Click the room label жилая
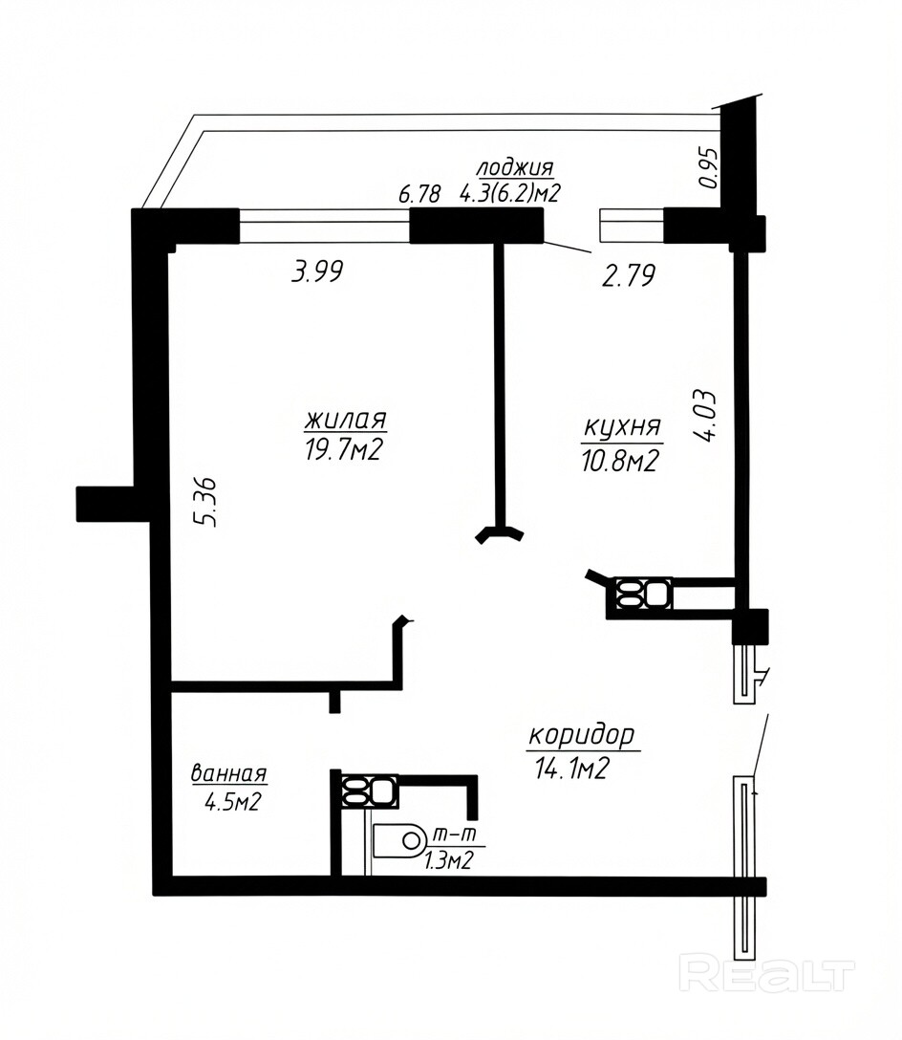(345, 421)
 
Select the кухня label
(622, 428)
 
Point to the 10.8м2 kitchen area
(619, 461)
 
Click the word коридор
(582, 736)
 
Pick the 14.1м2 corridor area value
(571, 769)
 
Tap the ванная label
(228, 773)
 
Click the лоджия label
(515, 167)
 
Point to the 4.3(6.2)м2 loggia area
(510, 193)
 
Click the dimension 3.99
(317, 271)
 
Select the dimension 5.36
(205, 502)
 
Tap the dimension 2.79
(629, 275)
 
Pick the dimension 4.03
(704, 415)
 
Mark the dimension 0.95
(709, 168)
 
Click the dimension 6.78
(419, 194)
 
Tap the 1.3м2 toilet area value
(448, 861)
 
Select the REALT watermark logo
(767, 975)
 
